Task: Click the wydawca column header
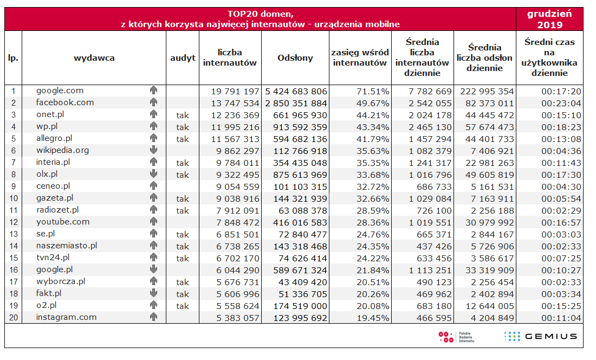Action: [94, 58]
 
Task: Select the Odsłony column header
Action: [295, 58]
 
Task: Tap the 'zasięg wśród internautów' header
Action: [360, 58]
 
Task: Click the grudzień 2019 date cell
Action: [549, 19]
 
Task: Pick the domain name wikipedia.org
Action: [63, 150]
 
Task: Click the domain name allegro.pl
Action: [54, 138]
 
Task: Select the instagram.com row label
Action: [66, 317]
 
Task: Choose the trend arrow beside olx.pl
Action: [153, 174]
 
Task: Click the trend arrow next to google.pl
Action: [153, 269]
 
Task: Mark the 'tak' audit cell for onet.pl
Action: [183, 115]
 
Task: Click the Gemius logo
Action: [540, 337]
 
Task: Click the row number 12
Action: [14, 222]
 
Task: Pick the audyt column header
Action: [183, 58]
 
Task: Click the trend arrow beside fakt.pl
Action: [153, 293]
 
